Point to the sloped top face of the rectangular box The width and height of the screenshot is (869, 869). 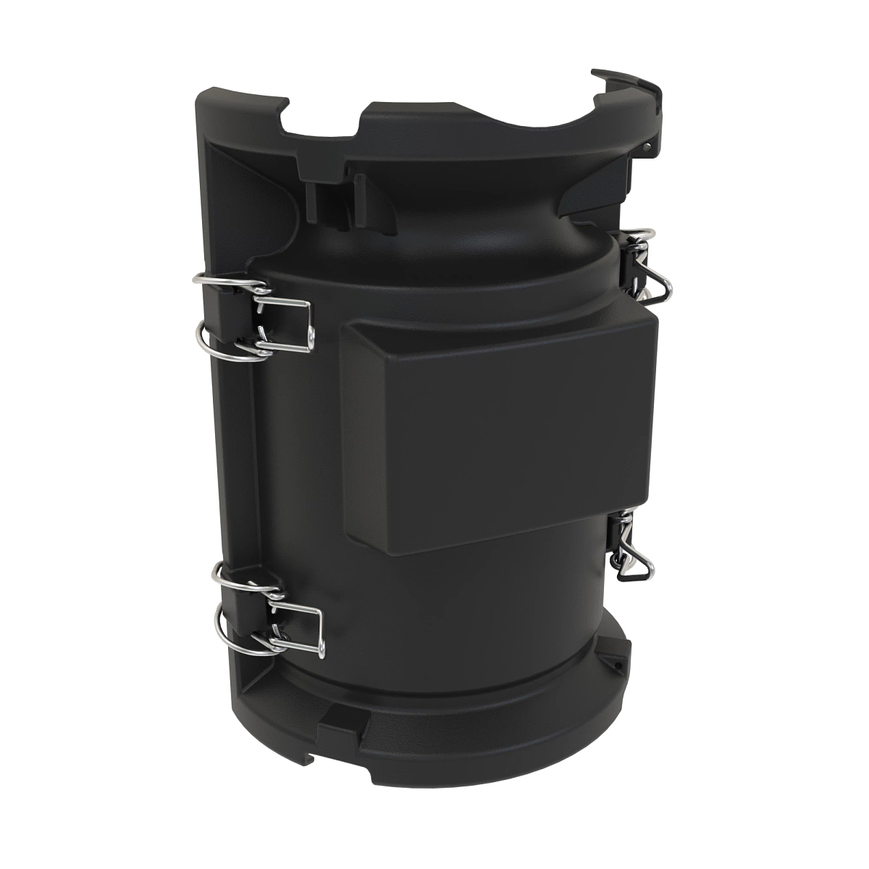coord(500,333)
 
